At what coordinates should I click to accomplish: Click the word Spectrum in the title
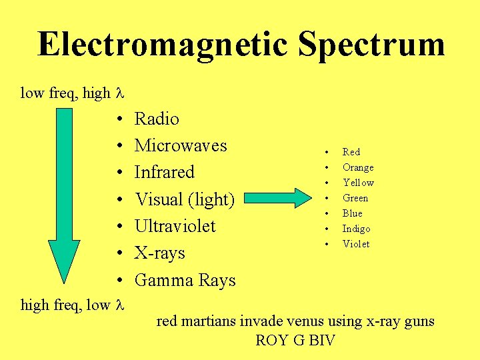371,44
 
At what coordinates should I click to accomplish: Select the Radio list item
157,119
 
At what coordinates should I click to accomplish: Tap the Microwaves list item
181,145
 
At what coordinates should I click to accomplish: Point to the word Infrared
164,172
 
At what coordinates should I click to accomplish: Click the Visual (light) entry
185,199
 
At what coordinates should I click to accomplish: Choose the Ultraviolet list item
175,226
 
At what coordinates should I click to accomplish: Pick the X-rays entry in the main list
159,253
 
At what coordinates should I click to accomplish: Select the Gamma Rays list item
185,280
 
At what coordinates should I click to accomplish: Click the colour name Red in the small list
351,152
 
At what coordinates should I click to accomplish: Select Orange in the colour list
358,167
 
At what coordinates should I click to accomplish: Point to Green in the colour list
355,198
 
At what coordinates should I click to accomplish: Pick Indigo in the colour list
356,229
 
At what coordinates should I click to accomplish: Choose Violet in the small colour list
356,244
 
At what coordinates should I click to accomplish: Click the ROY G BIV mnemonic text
295,341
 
